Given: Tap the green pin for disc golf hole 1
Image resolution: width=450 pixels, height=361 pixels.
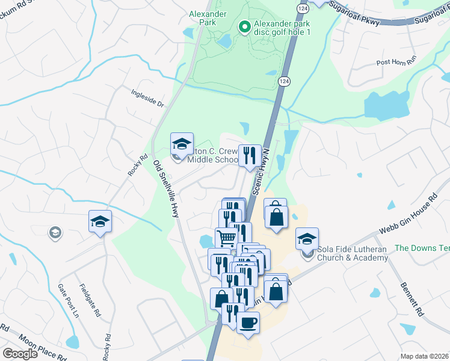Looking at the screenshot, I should (x=245, y=26).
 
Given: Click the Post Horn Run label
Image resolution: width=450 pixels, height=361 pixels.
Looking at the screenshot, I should (x=396, y=62).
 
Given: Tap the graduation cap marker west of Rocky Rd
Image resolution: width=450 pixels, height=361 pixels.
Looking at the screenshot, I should (x=100, y=221).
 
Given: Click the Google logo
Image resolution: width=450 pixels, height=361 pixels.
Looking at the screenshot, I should (x=20, y=354).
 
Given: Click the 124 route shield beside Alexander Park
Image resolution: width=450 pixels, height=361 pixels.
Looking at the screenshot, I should (x=285, y=81).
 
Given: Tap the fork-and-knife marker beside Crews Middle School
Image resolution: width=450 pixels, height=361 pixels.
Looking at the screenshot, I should (x=250, y=155).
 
